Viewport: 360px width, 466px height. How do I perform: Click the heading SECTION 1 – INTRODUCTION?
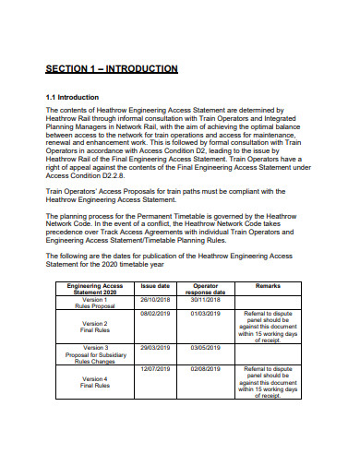point(112,69)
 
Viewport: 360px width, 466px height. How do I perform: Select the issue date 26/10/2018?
point(154,299)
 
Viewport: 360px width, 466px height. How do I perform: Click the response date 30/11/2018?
point(206,299)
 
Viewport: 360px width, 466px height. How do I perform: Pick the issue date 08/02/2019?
point(154,315)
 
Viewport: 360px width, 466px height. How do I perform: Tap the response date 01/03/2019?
point(206,315)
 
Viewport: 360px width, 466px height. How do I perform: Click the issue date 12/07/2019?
point(154,368)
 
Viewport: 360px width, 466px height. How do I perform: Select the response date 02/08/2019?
point(206,368)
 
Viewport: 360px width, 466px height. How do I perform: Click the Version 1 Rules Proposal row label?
point(95,303)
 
